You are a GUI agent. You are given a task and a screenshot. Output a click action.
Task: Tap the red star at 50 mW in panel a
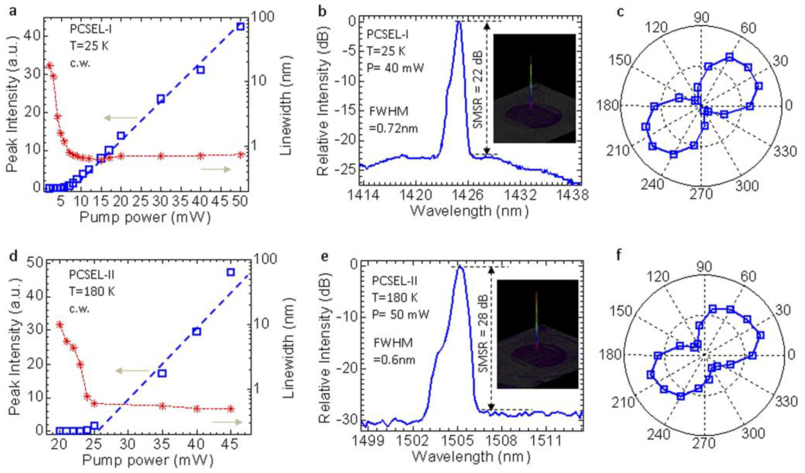tap(241, 154)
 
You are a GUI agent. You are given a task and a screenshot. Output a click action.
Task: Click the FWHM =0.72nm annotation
tap(393, 120)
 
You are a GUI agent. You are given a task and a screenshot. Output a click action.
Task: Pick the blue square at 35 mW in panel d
tap(162, 373)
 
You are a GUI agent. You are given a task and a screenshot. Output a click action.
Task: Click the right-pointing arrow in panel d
tap(227, 422)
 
